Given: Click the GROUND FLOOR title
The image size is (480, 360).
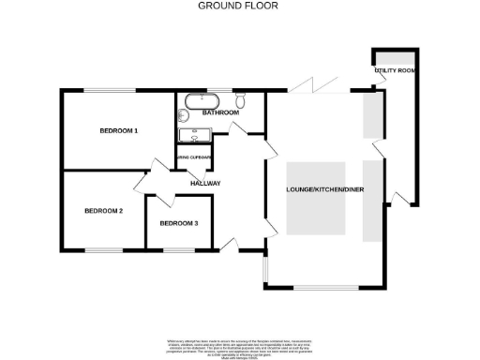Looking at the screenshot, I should (x=238, y=6).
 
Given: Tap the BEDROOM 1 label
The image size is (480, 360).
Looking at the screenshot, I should (x=119, y=131).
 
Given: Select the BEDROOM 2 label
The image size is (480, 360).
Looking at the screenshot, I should (x=104, y=211).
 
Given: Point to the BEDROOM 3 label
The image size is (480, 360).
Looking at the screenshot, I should (x=178, y=223).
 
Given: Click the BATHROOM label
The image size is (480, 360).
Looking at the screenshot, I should (x=220, y=112).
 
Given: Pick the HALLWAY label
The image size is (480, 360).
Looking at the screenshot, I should (x=204, y=183).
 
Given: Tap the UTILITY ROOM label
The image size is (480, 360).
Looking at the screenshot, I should (x=395, y=70).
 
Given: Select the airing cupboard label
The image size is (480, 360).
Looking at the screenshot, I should (x=193, y=157).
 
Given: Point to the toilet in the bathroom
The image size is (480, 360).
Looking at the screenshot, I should (x=241, y=101).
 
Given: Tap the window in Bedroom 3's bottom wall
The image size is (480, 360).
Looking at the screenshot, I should (x=177, y=249).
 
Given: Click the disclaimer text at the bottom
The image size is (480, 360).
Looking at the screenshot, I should (x=239, y=344).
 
